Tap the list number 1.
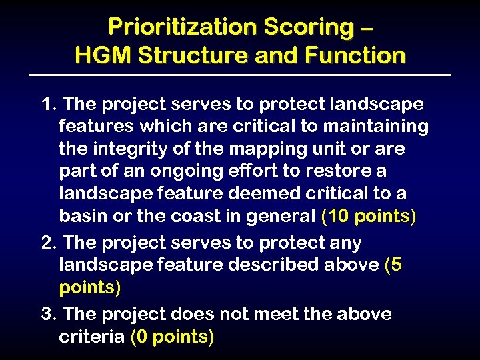pyautogui.click(x=47, y=105)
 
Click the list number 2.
pyautogui.click(x=47, y=243)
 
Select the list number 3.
pyautogui.click(x=47, y=313)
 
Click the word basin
pyautogui.click(x=81, y=216)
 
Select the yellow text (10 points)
pyautogui.click(x=369, y=217)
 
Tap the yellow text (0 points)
pyautogui.click(x=173, y=337)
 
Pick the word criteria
pyautogui.click(x=92, y=337)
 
